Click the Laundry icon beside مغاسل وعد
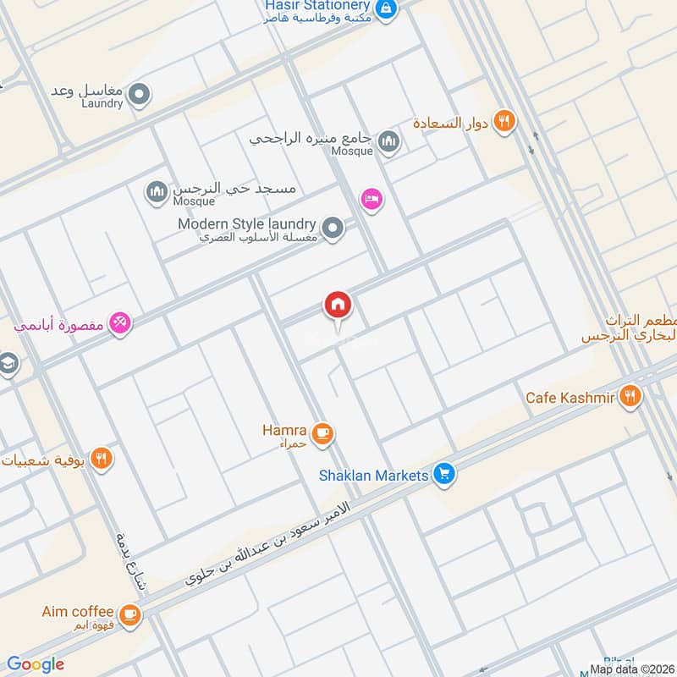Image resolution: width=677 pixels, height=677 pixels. tap(140, 95)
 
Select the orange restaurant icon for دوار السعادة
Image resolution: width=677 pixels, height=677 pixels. tap(504, 121)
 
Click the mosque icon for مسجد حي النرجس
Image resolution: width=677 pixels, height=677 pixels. tap(156, 194)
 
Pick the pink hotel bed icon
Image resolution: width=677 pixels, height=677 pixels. tap(371, 200)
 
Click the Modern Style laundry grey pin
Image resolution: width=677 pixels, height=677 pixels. tap(333, 228)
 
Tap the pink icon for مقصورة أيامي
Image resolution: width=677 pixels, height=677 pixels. tap(120, 322)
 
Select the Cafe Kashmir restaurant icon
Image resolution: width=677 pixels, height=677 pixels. tap(629, 395)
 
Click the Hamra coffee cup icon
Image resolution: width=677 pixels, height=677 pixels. tap(322, 434)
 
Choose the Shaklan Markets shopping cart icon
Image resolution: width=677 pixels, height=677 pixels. tap(443, 475)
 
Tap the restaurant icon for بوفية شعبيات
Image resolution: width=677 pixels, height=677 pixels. tap(102, 459)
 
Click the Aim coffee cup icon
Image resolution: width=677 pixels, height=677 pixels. tap(129, 614)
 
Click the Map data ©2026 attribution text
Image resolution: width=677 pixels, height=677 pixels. tap(632, 669)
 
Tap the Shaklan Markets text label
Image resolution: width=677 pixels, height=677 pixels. tap(373, 476)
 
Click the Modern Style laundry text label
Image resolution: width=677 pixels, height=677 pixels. tap(246, 224)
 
